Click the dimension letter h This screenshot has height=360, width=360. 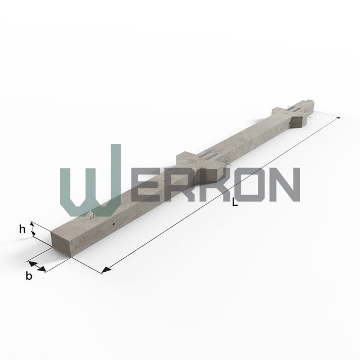[22, 229]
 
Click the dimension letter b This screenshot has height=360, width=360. [29, 275]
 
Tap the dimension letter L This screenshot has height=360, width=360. [235, 202]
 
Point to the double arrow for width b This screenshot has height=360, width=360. [37, 266]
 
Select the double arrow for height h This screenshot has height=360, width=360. [33, 229]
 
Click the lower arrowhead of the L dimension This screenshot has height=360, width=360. [106, 270]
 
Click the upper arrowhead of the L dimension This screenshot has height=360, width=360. [338, 118]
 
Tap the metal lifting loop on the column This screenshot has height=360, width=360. [92, 216]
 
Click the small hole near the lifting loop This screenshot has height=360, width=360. [113, 224]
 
